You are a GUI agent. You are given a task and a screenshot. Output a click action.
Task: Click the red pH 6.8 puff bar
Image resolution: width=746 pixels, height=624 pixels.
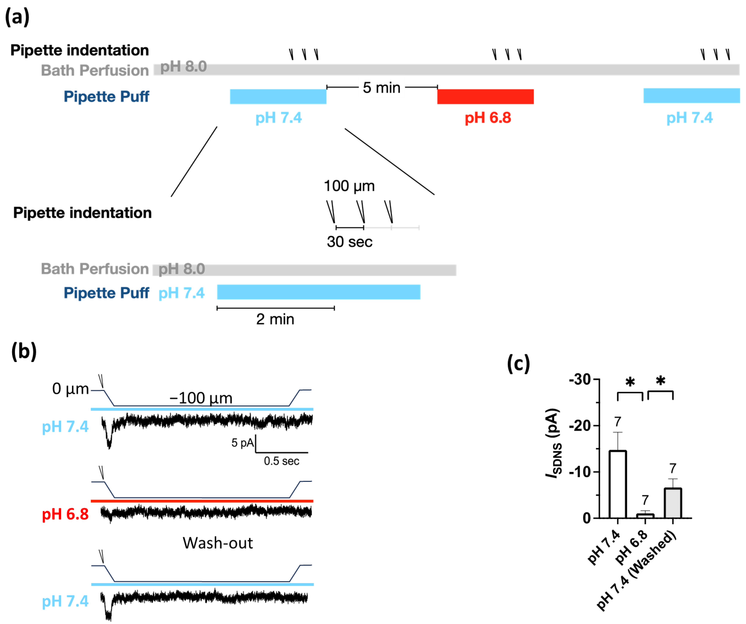click(485, 97)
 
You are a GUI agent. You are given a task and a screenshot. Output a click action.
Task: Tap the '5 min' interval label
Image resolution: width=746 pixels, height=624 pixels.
click(382, 88)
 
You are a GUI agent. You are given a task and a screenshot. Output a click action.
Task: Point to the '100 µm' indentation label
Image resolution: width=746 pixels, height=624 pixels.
click(349, 186)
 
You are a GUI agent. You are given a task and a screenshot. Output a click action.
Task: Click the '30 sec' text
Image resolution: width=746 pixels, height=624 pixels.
click(350, 242)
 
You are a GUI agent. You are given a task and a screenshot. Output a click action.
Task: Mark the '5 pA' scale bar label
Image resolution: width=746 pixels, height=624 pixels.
click(243, 443)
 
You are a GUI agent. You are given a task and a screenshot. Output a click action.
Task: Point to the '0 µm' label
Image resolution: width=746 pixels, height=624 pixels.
click(70, 389)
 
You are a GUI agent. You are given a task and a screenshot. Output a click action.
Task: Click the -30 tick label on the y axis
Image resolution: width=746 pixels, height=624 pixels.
click(580, 380)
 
